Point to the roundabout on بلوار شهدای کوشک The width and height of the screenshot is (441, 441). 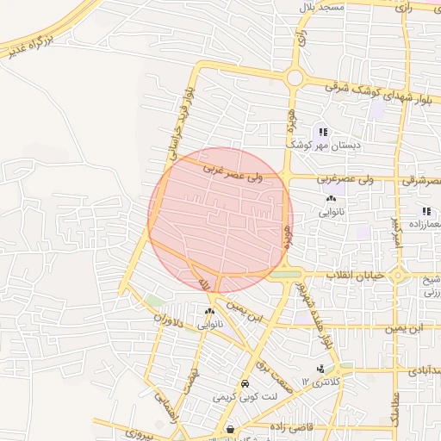[295, 78]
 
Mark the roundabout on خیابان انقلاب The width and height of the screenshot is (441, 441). [397, 276]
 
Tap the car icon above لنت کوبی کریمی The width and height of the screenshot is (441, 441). [245, 383]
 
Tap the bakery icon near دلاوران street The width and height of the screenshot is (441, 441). [210, 312]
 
